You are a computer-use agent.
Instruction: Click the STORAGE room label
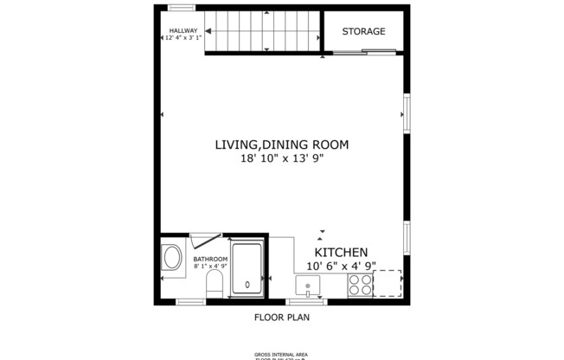tap(363, 32)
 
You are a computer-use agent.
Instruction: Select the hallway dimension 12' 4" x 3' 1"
tap(183, 38)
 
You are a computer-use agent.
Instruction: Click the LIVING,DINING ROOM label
tap(281, 145)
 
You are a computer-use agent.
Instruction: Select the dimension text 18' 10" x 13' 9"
tap(281, 158)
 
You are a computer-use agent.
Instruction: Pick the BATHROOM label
tap(210, 259)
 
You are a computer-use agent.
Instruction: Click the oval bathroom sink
tap(172, 258)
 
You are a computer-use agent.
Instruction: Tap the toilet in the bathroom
tap(215, 285)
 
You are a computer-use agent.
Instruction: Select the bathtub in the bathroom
tap(248, 269)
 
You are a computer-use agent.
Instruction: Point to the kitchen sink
tap(307, 285)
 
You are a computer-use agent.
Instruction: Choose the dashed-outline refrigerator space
tap(388, 283)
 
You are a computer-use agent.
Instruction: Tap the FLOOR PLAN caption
tap(281, 317)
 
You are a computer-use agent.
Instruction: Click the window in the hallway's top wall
tap(181, 8)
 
